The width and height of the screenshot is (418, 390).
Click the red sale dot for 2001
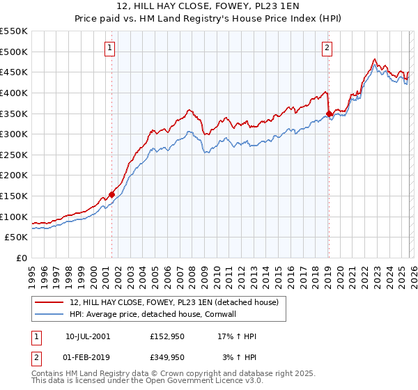point(111,195)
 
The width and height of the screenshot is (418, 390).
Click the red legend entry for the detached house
point(174,302)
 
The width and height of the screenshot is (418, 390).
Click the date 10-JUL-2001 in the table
point(88,336)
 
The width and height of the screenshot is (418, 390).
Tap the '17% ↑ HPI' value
point(238,336)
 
